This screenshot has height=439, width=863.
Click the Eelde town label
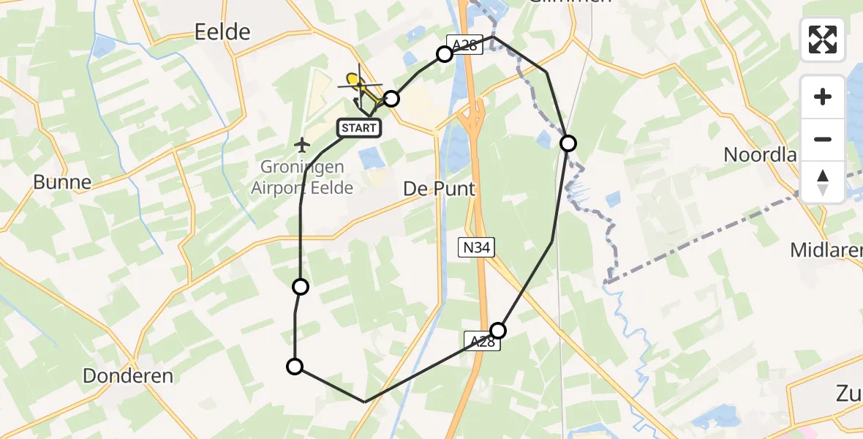pyautogui.click(x=222, y=31)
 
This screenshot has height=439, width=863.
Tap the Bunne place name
pyautogui.click(x=62, y=182)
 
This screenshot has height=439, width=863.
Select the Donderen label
pyautogui.click(x=128, y=376)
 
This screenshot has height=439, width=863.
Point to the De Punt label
pyautogui.click(x=439, y=189)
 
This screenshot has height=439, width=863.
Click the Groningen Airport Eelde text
pyautogui.click(x=302, y=177)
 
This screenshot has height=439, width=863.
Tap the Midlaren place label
pyautogui.click(x=826, y=251)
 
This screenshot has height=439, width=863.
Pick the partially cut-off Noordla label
pyautogui.click(x=759, y=154)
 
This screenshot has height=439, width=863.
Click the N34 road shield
pyautogui.click(x=475, y=248)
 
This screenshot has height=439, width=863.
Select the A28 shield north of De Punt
pyautogui.click(x=464, y=45)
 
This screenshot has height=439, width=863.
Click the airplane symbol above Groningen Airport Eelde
pyautogui.click(x=301, y=144)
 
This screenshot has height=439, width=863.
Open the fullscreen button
pyautogui.click(x=823, y=40)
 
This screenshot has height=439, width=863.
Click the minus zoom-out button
pyautogui.click(x=823, y=139)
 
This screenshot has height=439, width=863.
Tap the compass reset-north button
pyautogui.click(x=823, y=181)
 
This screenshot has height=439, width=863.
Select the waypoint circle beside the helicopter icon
pyautogui.click(x=391, y=98)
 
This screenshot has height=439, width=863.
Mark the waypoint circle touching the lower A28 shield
pyautogui.click(x=498, y=330)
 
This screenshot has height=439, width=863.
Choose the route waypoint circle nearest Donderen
pyautogui.click(x=295, y=367)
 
